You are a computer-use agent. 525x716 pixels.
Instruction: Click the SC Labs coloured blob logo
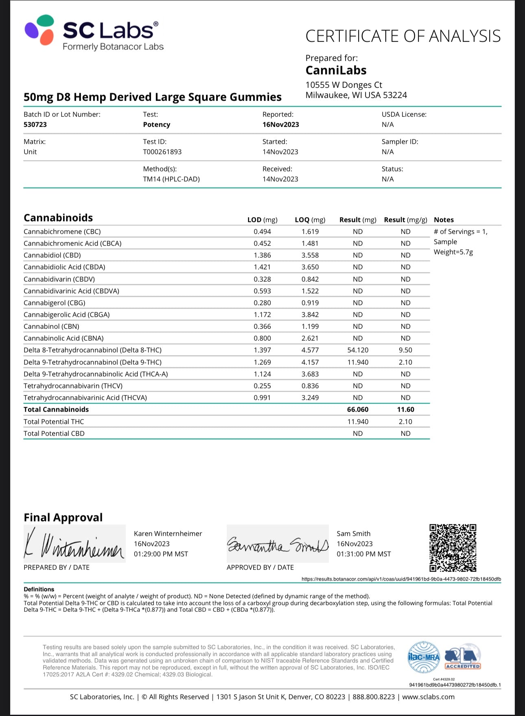click(x=39, y=30)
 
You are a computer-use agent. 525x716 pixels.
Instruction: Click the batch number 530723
click(x=35, y=125)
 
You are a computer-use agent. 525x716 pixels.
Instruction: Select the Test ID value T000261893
click(x=162, y=152)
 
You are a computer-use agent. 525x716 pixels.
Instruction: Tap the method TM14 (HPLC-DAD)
click(x=171, y=179)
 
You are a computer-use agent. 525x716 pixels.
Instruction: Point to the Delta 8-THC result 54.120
click(x=358, y=350)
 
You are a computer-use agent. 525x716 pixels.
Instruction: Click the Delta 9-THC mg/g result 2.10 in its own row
click(x=405, y=362)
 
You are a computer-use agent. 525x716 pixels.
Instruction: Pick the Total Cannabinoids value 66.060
click(x=358, y=409)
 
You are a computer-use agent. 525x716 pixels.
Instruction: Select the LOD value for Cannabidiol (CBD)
click(x=262, y=255)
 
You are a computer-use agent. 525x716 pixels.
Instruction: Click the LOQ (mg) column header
click(x=310, y=220)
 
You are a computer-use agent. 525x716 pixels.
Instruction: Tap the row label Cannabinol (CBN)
click(x=52, y=326)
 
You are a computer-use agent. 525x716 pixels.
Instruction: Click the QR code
click(x=453, y=548)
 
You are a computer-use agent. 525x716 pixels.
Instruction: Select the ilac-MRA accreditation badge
click(x=424, y=657)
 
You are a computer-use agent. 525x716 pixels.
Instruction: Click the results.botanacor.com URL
click(x=401, y=579)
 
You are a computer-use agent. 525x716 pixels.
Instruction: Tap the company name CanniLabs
click(x=336, y=70)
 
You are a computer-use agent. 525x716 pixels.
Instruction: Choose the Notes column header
click(x=444, y=220)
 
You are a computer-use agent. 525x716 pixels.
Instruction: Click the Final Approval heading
click(x=63, y=517)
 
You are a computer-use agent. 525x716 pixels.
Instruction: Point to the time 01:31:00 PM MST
click(x=364, y=554)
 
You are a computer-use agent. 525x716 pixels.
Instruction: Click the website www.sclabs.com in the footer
click(x=428, y=697)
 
